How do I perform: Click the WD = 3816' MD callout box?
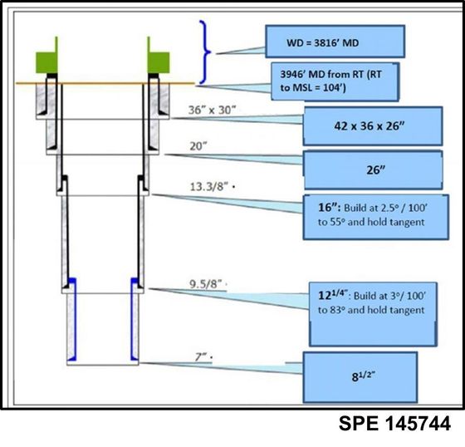335,42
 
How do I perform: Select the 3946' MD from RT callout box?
335,81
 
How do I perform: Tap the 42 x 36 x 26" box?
373,126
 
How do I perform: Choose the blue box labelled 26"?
374,170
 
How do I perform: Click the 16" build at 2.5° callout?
375,217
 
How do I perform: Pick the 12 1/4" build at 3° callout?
373,314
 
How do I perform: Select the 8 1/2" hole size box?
360,377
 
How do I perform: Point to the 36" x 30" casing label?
212,111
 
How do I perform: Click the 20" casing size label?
198,146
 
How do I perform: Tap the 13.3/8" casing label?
209,187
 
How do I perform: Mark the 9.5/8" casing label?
206,284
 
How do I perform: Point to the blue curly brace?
205,52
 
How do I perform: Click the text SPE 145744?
394,423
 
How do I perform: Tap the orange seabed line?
105,83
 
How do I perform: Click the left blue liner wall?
73,319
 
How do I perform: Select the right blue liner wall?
133,319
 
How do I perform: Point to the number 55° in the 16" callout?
337,222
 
